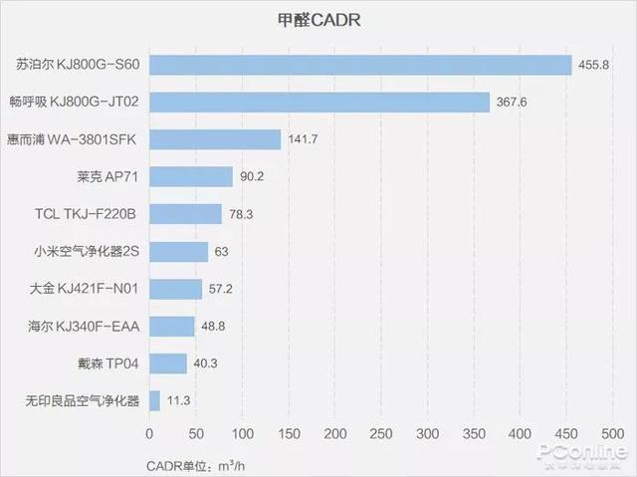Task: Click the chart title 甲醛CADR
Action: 318,19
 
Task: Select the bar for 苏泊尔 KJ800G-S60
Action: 360,65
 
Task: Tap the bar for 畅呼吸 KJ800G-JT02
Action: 319,103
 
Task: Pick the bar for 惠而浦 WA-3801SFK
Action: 215,139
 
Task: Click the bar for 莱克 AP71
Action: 191,177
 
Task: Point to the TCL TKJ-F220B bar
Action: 185,214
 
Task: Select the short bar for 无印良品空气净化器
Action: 154,401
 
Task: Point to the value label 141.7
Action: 302,139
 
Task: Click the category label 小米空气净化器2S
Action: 87,252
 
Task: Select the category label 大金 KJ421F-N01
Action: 86,289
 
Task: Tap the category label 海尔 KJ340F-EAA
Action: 86,327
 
